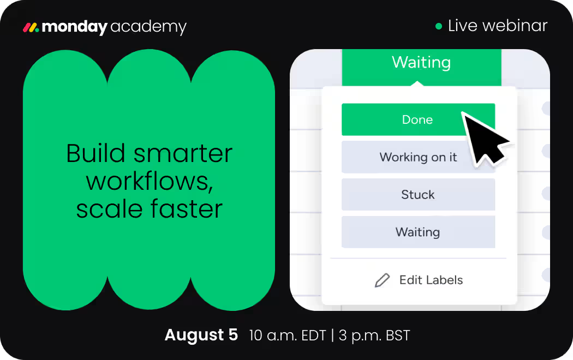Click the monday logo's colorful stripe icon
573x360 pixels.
pos(31,27)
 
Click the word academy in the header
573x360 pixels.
pos(148,27)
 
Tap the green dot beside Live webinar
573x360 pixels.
pos(439,26)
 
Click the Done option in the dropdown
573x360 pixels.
pos(418,119)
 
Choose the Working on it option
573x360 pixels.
pos(418,157)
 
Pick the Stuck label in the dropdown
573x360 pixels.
pos(418,195)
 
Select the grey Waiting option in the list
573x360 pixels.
pos(418,232)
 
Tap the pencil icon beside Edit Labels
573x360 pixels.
pos(382,280)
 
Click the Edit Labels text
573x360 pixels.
pos(431,280)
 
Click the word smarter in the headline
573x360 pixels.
pos(183,153)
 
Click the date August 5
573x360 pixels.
pos(201,335)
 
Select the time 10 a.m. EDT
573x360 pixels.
pos(287,335)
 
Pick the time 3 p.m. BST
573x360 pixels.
pos(374,335)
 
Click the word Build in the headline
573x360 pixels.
pos(95,153)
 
